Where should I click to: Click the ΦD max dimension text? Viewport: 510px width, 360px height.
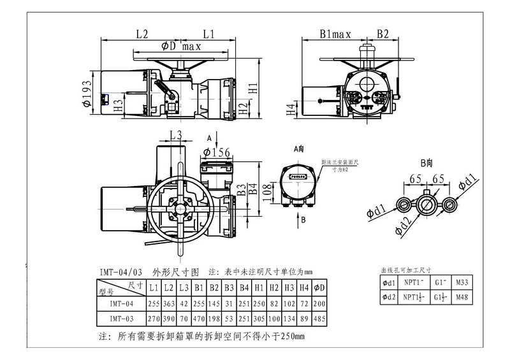point(182,47)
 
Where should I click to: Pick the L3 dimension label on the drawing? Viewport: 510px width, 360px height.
point(176,135)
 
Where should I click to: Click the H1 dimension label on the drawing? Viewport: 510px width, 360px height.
point(253,89)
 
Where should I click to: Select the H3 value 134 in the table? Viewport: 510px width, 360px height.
point(289,318)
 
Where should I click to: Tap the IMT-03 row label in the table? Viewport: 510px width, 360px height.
point(121,318)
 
